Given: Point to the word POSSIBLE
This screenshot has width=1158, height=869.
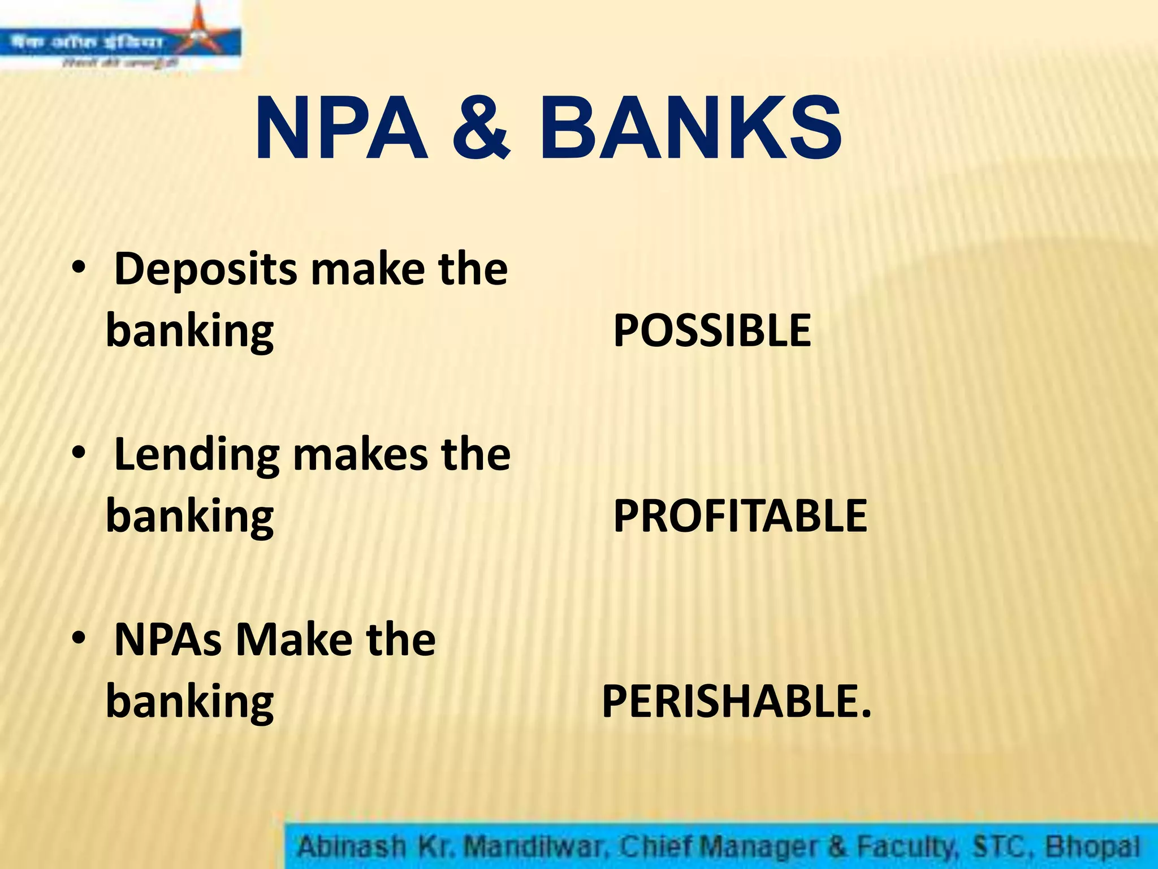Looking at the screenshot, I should coord(712,331).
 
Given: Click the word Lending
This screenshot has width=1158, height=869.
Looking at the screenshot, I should coord(197,455).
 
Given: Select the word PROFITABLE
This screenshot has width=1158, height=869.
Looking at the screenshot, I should coord(740,516).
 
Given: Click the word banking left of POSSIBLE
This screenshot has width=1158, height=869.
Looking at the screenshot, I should coord(190,333).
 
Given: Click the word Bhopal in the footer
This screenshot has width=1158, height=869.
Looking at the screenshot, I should coord(1091,847).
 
